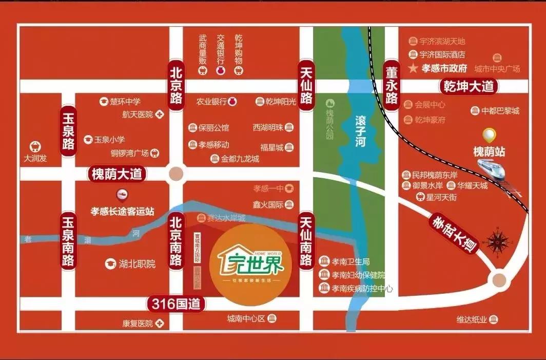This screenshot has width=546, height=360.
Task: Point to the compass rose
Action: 497,241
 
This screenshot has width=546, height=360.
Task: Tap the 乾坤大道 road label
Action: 467,86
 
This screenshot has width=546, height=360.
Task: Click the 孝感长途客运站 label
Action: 123,211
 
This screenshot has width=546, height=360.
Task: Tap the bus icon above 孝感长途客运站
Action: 122,195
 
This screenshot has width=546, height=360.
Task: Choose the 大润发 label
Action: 35,158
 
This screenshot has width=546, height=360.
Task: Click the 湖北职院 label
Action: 136,264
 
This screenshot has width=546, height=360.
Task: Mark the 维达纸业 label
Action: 472,319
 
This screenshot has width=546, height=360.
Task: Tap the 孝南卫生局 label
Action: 351,261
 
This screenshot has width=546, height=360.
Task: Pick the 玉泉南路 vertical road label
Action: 68,241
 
